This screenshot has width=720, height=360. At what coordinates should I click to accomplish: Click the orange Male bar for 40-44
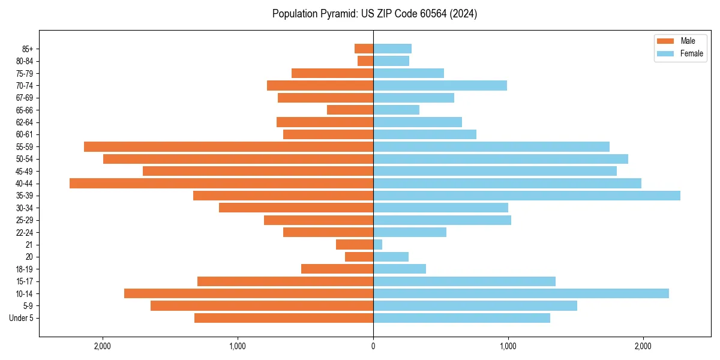point(221,183)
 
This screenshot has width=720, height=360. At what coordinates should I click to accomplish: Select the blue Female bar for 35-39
point(527,196)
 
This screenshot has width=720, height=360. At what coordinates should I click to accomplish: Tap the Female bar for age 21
point(377,244)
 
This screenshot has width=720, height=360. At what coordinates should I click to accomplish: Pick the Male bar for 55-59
point(229,146)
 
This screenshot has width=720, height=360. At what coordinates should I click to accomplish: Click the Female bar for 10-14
point(521,293)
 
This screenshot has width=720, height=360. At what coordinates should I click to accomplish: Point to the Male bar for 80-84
point(365,61)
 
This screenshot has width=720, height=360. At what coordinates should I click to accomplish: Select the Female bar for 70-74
point(440,85)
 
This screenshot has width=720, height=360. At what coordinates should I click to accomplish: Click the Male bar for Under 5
point(284,318)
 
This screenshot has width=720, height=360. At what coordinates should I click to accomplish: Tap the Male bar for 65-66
point(350,110)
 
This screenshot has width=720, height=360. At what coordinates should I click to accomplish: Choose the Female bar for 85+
point(392,49)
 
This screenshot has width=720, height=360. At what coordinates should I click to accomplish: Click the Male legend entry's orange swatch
point(666,41)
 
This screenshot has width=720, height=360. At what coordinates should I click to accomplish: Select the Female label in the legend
point(692,53)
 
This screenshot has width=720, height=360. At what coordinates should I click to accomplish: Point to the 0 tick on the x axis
point(373,346)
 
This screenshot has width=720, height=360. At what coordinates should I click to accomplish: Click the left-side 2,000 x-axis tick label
point(103,346)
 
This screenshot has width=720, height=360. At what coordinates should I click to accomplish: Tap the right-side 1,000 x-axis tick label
point(508,346)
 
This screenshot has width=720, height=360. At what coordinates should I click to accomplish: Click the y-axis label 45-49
point(25,171)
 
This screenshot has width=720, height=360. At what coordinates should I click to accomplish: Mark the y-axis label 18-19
point(25,269)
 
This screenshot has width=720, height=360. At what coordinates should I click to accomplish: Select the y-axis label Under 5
point(22,318)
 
